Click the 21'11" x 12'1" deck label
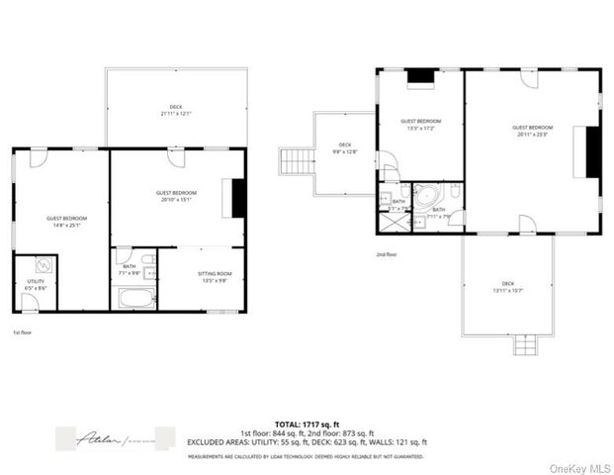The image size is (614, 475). [176, 109]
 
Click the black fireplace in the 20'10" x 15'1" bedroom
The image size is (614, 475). [238, 197]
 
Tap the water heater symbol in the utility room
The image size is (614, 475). [44, 265]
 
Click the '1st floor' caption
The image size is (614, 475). [23, 333]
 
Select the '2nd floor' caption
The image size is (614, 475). [388, 254]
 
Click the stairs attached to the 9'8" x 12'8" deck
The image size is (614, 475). [295, 160]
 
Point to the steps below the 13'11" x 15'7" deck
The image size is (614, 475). [524, 344]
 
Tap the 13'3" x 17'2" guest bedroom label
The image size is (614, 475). [420, 125]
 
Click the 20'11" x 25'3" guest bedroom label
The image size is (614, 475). [532, 130]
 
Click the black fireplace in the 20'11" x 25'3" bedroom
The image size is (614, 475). [593, 152]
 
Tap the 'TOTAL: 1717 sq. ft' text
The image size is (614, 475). [307, 424]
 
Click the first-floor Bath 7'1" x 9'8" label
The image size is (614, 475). [130, 268]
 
